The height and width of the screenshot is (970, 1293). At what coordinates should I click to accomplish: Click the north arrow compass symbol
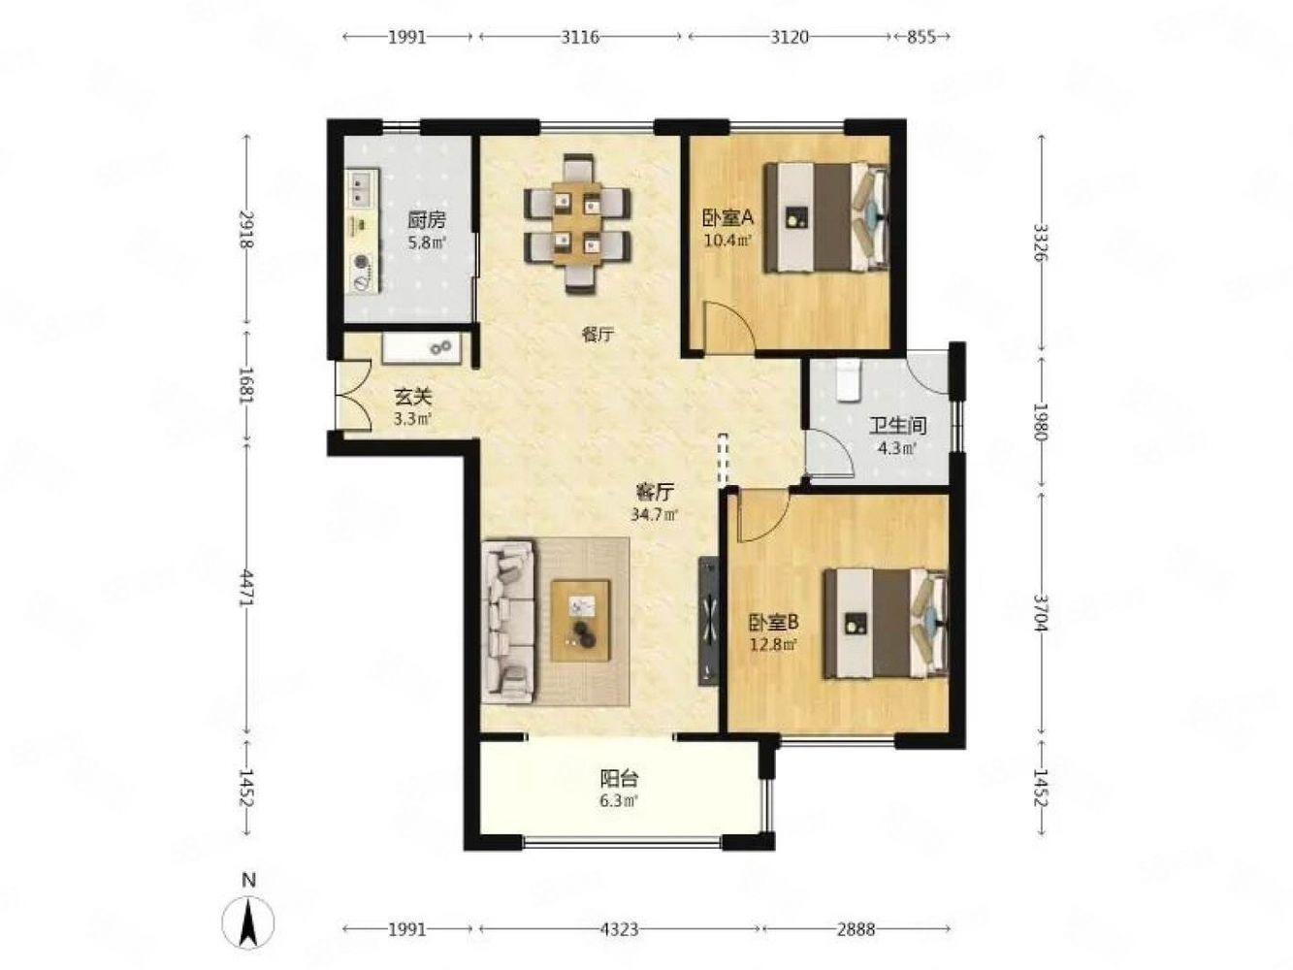click(248, 923)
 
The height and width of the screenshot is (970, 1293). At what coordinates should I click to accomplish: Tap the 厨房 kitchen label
click(427, 220)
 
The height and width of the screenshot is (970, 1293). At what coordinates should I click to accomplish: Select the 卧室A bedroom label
click(727, 218)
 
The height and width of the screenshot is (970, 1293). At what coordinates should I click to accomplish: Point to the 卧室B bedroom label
click(773, 622)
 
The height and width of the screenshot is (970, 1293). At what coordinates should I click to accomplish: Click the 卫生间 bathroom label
click(898, 425)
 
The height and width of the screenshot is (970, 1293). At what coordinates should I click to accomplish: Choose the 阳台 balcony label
click(619, 779)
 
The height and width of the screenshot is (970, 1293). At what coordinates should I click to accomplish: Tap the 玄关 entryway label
click(413, 397)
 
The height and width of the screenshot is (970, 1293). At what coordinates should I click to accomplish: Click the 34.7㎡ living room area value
click(654, 515)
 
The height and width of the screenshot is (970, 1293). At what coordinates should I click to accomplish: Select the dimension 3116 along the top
click(580, 37)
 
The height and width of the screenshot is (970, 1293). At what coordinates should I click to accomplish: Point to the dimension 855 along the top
click(921, 37)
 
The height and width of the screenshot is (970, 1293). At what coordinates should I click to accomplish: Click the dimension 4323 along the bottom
click(619, 929)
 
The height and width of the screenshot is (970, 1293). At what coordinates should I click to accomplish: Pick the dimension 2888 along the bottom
click(856, 929)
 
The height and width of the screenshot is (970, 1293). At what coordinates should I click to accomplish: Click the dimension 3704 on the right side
click(1042, 612)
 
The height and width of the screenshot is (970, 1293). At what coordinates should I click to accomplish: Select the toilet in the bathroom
click(847, 380)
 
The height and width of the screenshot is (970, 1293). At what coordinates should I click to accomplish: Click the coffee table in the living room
click(580, 621)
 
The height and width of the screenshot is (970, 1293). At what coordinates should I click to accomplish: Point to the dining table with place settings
click(577, 223)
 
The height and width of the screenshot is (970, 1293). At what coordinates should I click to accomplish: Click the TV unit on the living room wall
click(708, 621)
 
